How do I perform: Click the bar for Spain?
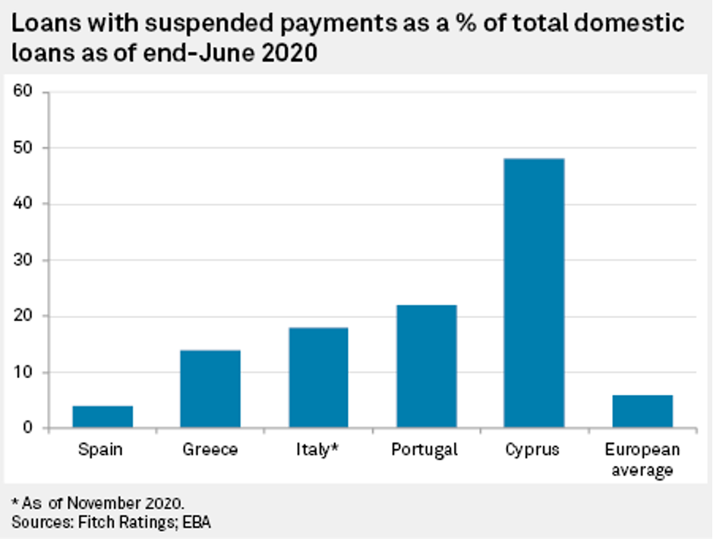[x=103, y=417]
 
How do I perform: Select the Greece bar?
[x=210, y=389]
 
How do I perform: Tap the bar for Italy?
[x=318, y=377]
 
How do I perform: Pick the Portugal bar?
[x=425, y=366]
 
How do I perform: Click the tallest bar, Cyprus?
[x=534, y=293]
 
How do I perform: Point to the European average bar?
[x=642, y=411]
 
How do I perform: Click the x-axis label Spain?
[x=100, y=449]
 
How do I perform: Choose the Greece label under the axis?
[x=210, y=449]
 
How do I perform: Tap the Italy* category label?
[x=318, y=449]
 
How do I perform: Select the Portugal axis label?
[x=425, y=450]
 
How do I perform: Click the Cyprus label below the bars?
[x=533, y=450]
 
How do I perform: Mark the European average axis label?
[x=642, y=459]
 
